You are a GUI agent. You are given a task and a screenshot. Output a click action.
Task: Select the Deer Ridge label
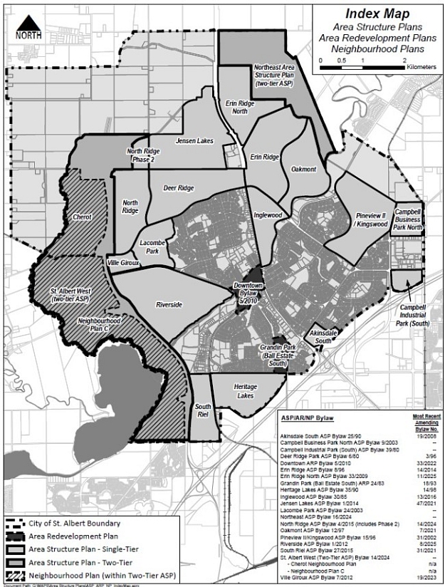(179, 188)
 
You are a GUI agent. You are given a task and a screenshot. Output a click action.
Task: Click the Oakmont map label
(303, 169)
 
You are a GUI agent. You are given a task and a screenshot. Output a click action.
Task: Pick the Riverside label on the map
(169, 305)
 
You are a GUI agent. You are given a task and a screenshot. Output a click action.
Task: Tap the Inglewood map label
(268, 214)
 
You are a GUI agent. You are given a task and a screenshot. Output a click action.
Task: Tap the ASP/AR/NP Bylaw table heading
(307, 417)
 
